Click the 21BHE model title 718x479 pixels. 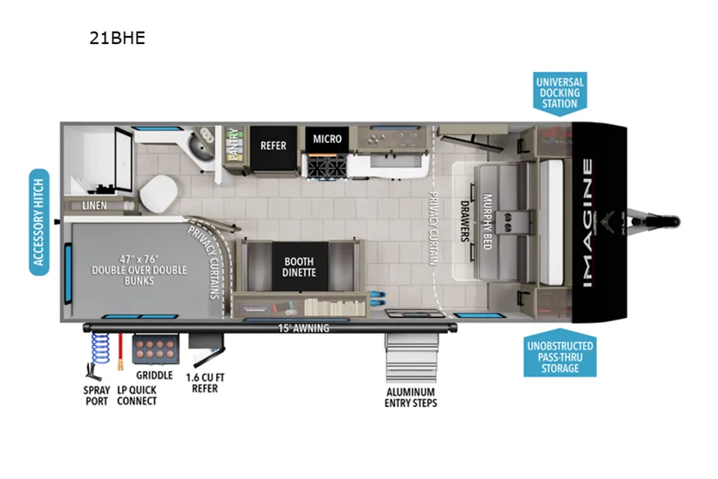[117, 37]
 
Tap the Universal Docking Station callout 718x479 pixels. [559, 94]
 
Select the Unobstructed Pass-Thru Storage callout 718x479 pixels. [560, 353]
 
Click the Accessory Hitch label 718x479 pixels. [39, 222]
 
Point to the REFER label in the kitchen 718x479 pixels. [274, 146]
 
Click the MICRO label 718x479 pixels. [327, 139]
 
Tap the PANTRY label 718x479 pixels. [233, 144]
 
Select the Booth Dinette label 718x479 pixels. [299, 267]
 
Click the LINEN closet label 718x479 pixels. [94, 206]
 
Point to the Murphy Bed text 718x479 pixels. [487, 222]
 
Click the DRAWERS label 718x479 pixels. [464, 221]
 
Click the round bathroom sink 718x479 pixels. [200, 148]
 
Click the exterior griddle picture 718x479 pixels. [156, 349]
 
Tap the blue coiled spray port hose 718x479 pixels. [100, 348]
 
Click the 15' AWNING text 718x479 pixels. [304, 329]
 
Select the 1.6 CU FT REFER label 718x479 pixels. [205, 383]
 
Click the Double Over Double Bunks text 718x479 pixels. [139, 270]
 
